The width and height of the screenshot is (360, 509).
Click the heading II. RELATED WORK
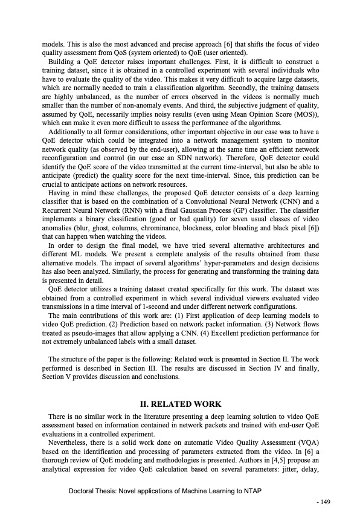(x=181, y=404)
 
